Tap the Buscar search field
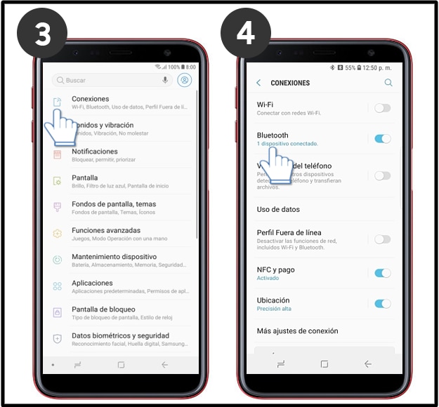pos(105,81)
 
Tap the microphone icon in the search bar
pos(165,81)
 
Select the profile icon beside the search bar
pos(185,81)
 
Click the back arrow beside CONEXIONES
pos(258,83)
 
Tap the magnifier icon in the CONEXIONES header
pos(388,83)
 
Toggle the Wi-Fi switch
pos(382,108)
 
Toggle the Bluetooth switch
pos(382,139)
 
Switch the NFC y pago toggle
pos(382,273)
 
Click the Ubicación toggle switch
pos(382,304)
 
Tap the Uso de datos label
pos(278,209)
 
